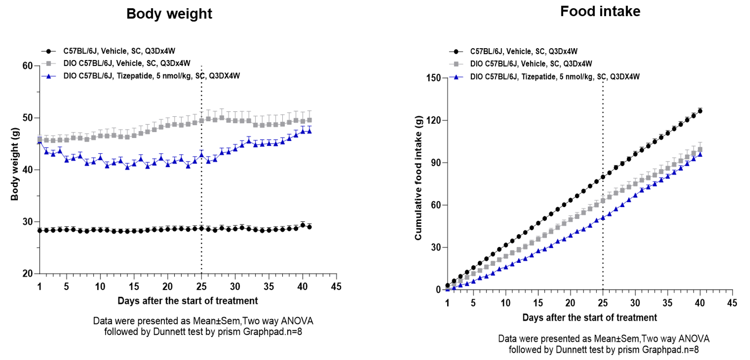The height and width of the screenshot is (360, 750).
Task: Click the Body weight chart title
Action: [x=169, y=14]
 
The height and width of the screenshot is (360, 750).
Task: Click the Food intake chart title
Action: [x=600, y=12]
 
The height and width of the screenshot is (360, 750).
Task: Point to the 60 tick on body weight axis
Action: [x=27, y=66]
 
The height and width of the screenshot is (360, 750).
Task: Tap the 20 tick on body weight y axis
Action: [x=27, y=274]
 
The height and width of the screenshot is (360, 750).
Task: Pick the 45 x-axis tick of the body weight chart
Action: [x=336, y=287]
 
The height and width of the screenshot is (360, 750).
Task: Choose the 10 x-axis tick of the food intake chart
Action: [x=505, y=303]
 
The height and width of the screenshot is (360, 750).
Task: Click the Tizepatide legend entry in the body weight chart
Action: [x=151, y=76]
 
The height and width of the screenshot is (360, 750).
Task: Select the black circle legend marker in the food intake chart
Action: [x=456, y=52]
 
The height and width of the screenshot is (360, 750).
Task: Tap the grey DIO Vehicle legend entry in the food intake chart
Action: [x=531, y=64]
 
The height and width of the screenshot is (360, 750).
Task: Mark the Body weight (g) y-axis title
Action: [x=15, y=164]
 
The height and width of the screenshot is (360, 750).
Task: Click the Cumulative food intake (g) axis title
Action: [x=418, y=178]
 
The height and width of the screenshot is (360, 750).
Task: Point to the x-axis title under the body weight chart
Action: [x=187, y=301]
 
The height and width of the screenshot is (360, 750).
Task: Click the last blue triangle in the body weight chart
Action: [x=309, y=131]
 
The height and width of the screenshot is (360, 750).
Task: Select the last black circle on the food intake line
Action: [x=700, y=111]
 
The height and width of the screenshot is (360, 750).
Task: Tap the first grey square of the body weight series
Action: [x=40, y=139]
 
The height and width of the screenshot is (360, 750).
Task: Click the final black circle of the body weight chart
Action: [x=309, y=227]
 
